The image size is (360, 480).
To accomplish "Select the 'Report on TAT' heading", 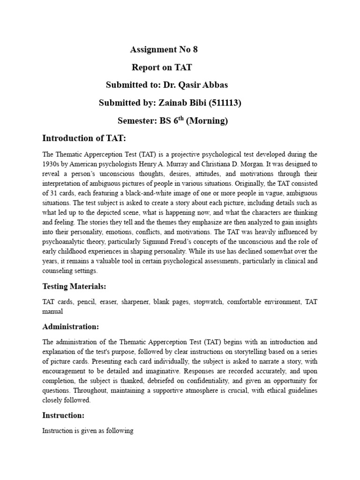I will (162, 67).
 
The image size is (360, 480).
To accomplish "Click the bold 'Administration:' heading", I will (71, 326).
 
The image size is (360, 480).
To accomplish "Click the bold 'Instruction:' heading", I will (63, 415).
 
